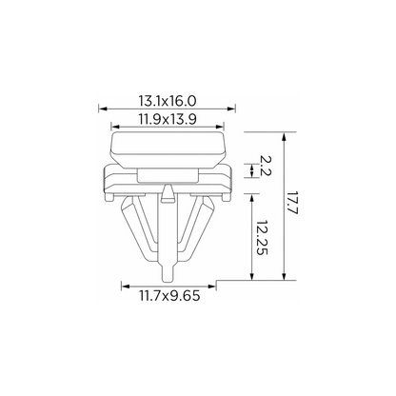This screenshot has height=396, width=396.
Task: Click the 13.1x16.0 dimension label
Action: (168, 101)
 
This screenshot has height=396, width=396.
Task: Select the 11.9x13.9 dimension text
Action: (168, 120)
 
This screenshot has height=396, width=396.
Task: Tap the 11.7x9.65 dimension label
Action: (169, 296)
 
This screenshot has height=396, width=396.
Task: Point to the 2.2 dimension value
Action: (266, 166)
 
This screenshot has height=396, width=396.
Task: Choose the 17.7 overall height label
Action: (293, 203)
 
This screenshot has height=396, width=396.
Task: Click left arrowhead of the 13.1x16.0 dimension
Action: (103, 109)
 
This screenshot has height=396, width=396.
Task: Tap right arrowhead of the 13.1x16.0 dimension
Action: (231, 109)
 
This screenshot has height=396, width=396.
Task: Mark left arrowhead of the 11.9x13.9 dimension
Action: (115, 127)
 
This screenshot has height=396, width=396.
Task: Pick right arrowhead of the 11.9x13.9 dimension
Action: (220, 127)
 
